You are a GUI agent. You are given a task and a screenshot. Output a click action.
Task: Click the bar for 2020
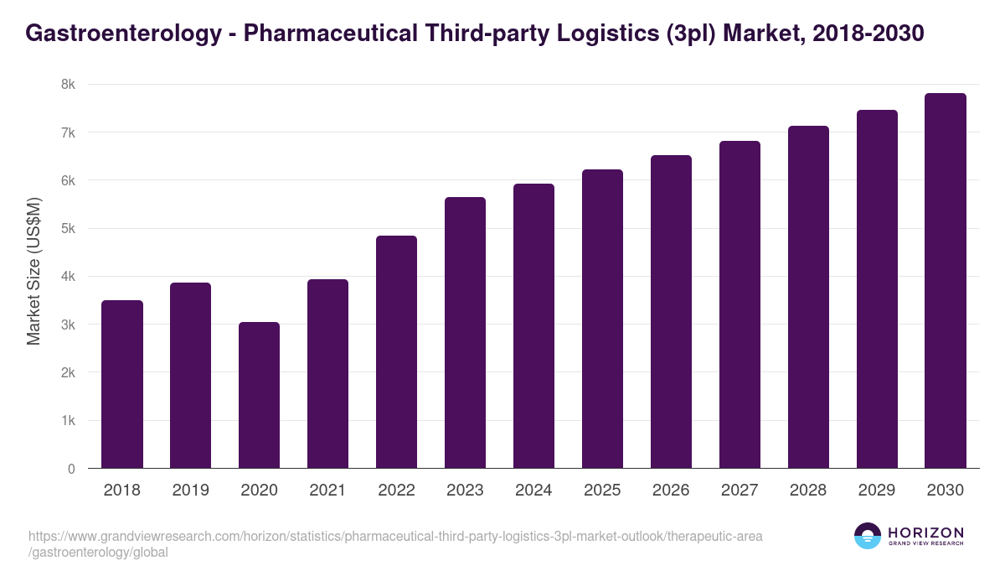tap(259, 395)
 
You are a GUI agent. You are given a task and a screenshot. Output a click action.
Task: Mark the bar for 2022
tap(396, 351)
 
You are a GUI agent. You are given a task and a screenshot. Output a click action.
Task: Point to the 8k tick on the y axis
tap(68, 85)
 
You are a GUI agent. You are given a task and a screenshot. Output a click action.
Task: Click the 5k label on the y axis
tap(68, 229)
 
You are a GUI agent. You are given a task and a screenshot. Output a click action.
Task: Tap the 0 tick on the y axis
tap(71, 469)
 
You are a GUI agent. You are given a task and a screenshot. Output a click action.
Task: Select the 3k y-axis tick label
tap(68, 325)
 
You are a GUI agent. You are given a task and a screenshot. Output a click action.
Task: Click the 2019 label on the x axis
tap(191, 491)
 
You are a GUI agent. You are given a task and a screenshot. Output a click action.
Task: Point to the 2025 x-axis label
tap(602, 491)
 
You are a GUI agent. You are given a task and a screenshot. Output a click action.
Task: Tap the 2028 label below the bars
tap(808, 491)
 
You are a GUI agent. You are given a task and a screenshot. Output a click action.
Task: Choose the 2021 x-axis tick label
tap(327, 491)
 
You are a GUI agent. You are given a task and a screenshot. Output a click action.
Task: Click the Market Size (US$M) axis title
tap(34, 271)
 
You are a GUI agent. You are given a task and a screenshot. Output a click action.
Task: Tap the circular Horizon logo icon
tap(867, 536)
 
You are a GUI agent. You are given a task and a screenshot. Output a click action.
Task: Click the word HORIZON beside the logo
tap(925, 532)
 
